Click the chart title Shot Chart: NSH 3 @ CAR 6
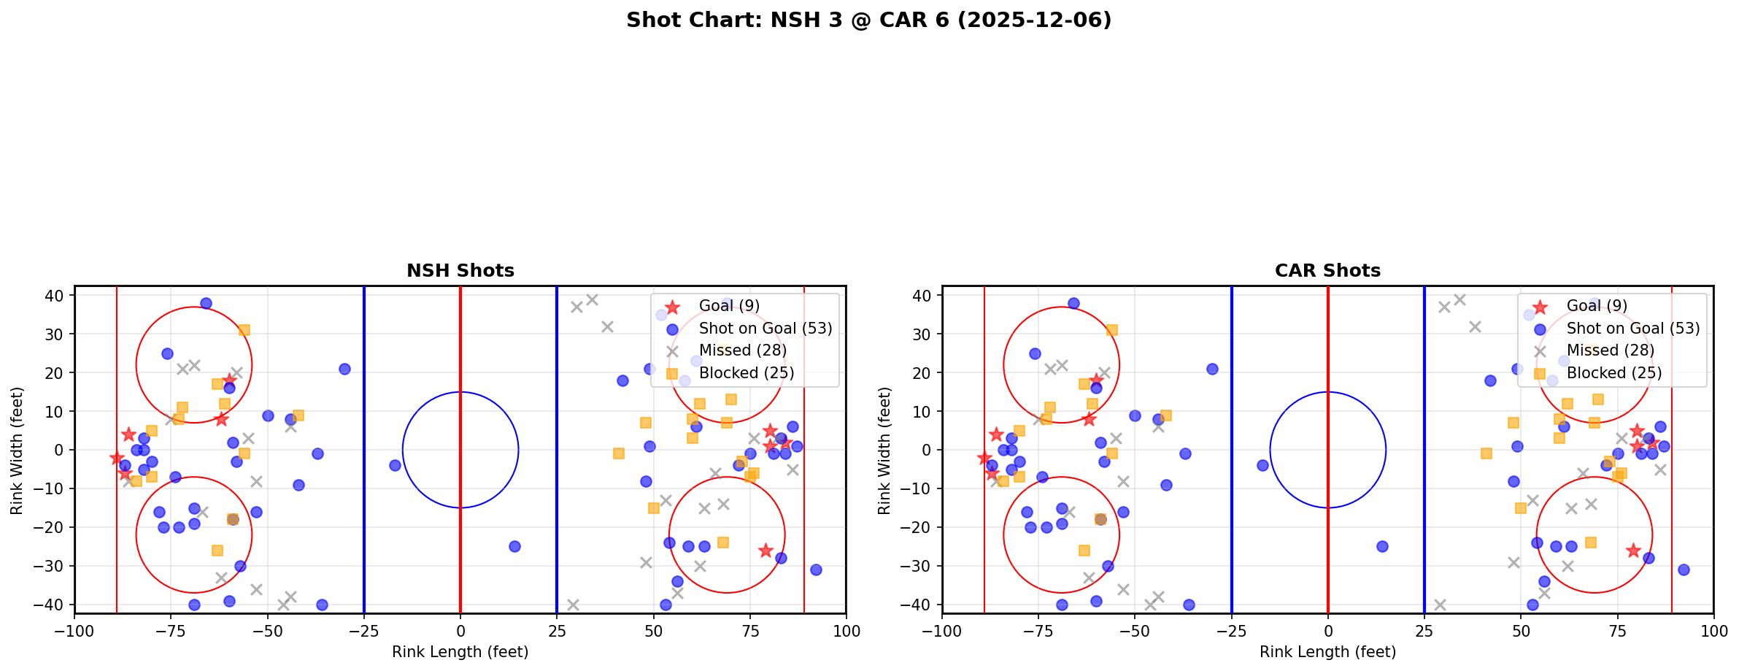point(868,20)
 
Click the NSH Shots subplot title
point(460,271)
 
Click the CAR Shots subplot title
point(1327,271)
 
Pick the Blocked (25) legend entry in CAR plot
point(1613,373)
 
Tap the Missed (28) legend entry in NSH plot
point(742,350)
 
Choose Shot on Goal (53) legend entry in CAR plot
point(1632,329)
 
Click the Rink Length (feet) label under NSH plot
point(460,652)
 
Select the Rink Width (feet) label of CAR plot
point(884,450)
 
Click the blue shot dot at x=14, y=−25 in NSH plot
point(514,546)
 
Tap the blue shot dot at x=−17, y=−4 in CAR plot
point(1262,465)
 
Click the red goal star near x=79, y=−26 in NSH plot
point(765,551)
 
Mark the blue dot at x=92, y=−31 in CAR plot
point(1683,570)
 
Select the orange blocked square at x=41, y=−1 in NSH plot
point(618,453)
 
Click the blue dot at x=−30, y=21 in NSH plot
point(344,369)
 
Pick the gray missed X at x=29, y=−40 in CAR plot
point(1440,605)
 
